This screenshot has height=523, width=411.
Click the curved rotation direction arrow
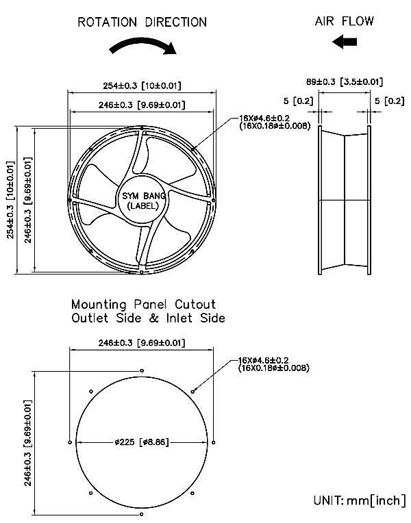143,45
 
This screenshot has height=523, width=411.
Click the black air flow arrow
345,42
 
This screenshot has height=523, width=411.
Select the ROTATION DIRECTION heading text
142,22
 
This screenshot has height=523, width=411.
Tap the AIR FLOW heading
345,21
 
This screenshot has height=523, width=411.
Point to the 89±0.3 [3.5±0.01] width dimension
344,81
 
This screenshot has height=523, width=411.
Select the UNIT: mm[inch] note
358,500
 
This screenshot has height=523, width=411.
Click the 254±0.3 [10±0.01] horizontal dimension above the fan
142,86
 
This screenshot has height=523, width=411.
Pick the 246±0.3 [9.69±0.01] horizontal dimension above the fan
142,105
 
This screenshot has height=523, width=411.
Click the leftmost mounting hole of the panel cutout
70,442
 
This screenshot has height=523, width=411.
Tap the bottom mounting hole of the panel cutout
142,514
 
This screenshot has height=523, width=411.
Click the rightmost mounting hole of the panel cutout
214,442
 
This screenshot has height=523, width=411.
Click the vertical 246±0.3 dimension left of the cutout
29,442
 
